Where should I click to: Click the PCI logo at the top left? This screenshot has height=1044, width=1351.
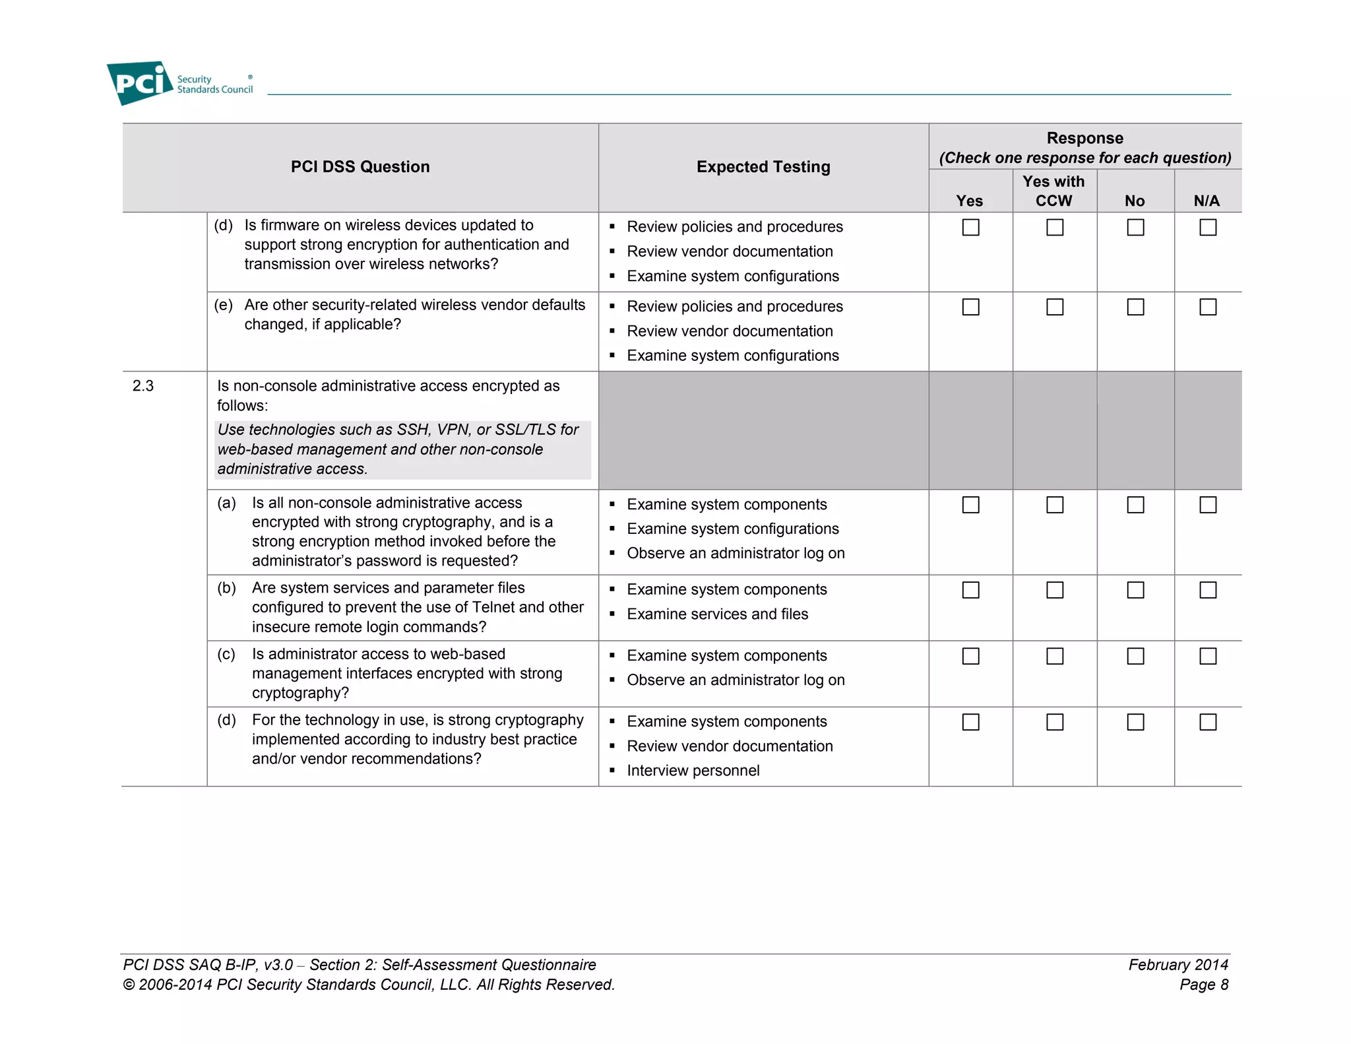click(x=139, y=82)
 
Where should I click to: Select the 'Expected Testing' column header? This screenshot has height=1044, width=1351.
click(x=763, y=167)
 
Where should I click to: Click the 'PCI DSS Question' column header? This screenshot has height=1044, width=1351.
click(x=360, y=167)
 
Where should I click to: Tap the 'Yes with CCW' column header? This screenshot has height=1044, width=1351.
click(x=1053, y=191)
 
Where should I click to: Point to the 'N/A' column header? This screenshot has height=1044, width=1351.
click(x=1207, y=201)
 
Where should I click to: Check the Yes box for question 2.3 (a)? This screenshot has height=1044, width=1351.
click(x=970, y=505)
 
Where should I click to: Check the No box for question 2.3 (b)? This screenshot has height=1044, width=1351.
click(x=1135, y=590)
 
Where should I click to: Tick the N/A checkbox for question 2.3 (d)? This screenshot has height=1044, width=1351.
click(x=1208, y=722)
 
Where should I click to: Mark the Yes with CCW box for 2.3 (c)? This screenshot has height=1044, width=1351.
click(x=1055, y=656)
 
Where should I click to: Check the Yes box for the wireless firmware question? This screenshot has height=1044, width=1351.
click(x=970, y=228)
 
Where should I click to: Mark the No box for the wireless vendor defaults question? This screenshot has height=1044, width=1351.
click(x=1135, y=307)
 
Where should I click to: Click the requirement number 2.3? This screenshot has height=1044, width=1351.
click(x=143, y=386)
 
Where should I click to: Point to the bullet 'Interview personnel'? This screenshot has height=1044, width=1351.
click(x=693, y=771)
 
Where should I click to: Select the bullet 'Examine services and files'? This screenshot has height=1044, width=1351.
click(x=717, y=614)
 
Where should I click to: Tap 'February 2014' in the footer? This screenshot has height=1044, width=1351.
click(x=1178, y=965)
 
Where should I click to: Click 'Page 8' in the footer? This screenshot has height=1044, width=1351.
click(x=1203, y=985)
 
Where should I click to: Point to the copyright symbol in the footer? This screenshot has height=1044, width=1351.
click(x=129, y=985)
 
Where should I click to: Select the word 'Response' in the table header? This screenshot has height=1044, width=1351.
click(x=1084, y=138)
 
